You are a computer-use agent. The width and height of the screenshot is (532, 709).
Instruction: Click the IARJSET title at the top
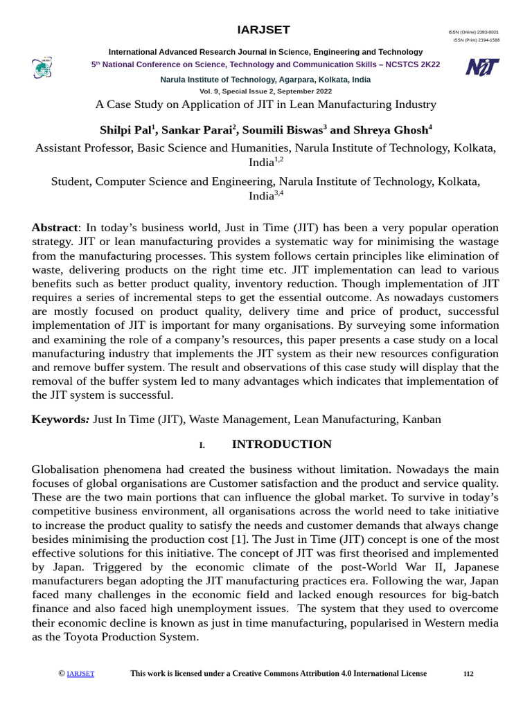(264, 30)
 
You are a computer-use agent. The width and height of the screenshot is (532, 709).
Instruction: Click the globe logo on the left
(42, 68)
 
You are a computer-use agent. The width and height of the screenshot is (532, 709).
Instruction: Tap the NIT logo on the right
(482, 67)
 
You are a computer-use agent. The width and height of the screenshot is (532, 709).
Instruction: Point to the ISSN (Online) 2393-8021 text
(473, 33)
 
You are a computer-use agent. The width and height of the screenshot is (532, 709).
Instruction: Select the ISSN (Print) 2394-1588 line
(476, 40)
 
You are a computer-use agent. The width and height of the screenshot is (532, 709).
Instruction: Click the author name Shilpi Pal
(127, 130)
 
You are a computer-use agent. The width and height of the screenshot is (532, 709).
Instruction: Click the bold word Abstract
(55, 228)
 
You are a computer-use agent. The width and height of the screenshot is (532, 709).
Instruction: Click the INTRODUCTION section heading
(281, 445)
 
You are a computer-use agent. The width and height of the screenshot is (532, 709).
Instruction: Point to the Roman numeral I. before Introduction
(202, 445)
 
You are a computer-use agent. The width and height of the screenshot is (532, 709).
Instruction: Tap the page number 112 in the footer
(468, 674)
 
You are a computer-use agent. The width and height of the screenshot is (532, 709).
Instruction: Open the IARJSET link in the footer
(80, 674)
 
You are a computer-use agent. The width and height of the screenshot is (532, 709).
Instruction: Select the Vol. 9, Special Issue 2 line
(265, 91)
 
